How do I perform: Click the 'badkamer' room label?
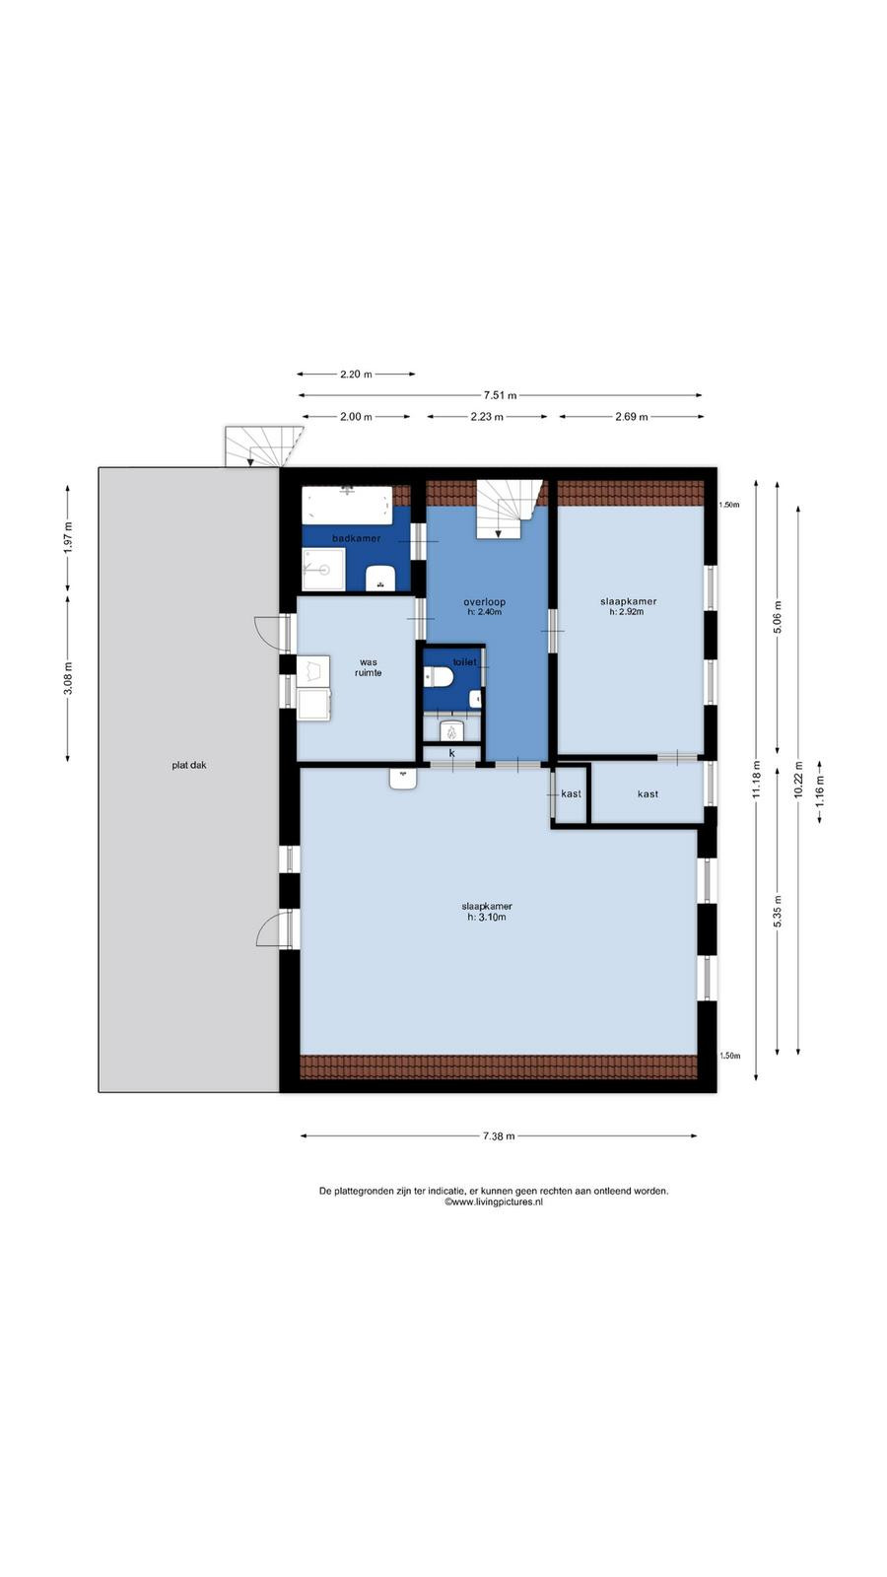coord(356,538)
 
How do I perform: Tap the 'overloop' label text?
coord(484,602)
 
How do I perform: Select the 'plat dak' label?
coord(189,765)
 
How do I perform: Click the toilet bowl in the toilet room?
coord(439,676)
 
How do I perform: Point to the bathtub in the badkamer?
coord(347,504)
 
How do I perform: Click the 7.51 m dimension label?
coord(500,395)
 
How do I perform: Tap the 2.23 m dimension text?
coord(487,417)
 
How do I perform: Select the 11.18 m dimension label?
coord(756,780)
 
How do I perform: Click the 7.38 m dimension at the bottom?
coord(499,1135)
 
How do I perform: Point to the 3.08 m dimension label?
coord(68,678)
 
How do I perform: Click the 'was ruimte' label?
coord(369,667)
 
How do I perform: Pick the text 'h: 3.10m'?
coord(487,918)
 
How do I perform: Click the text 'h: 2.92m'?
coord(627,612)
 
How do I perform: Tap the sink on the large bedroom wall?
coord(403,779)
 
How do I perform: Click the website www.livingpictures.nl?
coord(494,1202)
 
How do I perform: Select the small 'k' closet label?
coord(452,753)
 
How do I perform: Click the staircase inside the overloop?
coord(510,510)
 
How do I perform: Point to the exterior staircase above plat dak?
coord(264,446)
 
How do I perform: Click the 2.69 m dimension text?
coord(632,417)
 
